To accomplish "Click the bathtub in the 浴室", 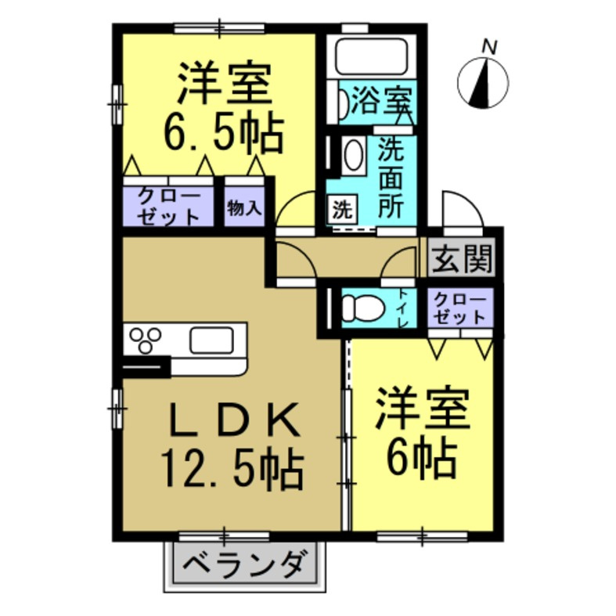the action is coord(371,56).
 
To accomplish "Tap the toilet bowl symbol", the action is coord(362,308).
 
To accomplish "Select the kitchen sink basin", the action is coord(212,340).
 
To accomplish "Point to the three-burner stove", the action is coord(146,340).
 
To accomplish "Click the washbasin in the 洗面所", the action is coord(353,155).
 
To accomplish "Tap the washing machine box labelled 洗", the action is coord(343,210).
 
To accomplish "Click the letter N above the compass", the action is coord(490,47).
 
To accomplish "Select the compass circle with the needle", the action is coord(483,83).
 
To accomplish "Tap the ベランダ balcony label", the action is coord(244,565).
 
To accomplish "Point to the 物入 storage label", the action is coord(244,208).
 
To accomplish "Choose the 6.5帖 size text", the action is coord(223,135).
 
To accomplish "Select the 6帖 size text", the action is coord(423,459).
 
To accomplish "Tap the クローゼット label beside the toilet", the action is coord(460,309).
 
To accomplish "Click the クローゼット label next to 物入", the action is coord(169,207).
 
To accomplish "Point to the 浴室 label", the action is coord(381,101).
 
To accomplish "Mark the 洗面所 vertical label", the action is coord(391,179).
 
